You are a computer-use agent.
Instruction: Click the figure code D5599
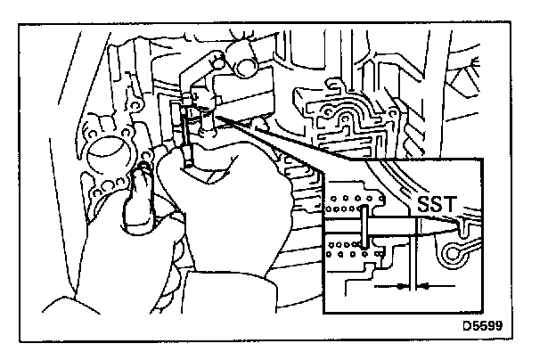pyautogui.click(x=481, y=326)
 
